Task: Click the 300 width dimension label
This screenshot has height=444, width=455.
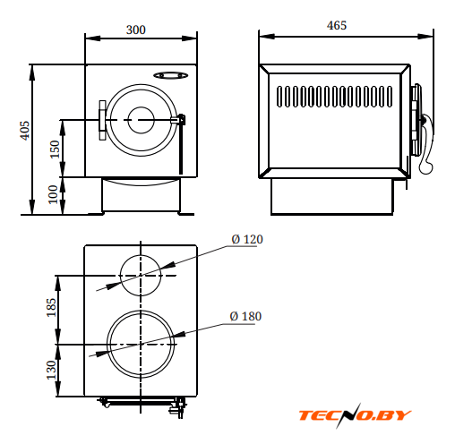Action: point(136,30)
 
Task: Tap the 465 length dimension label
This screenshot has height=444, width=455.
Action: point(337,25)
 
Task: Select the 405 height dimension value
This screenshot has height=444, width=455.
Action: point(25,131)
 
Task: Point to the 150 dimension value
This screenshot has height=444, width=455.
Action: point(55,149)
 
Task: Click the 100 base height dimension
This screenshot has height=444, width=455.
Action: point(53,194)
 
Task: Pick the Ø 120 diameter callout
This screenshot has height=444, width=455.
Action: point(247,239)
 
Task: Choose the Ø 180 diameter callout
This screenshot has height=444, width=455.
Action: point(245,316)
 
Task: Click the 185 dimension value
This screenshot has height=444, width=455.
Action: point(51,307)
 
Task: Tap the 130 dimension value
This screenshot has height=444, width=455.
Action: point(51,370)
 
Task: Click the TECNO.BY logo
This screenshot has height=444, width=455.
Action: point(355,415)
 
